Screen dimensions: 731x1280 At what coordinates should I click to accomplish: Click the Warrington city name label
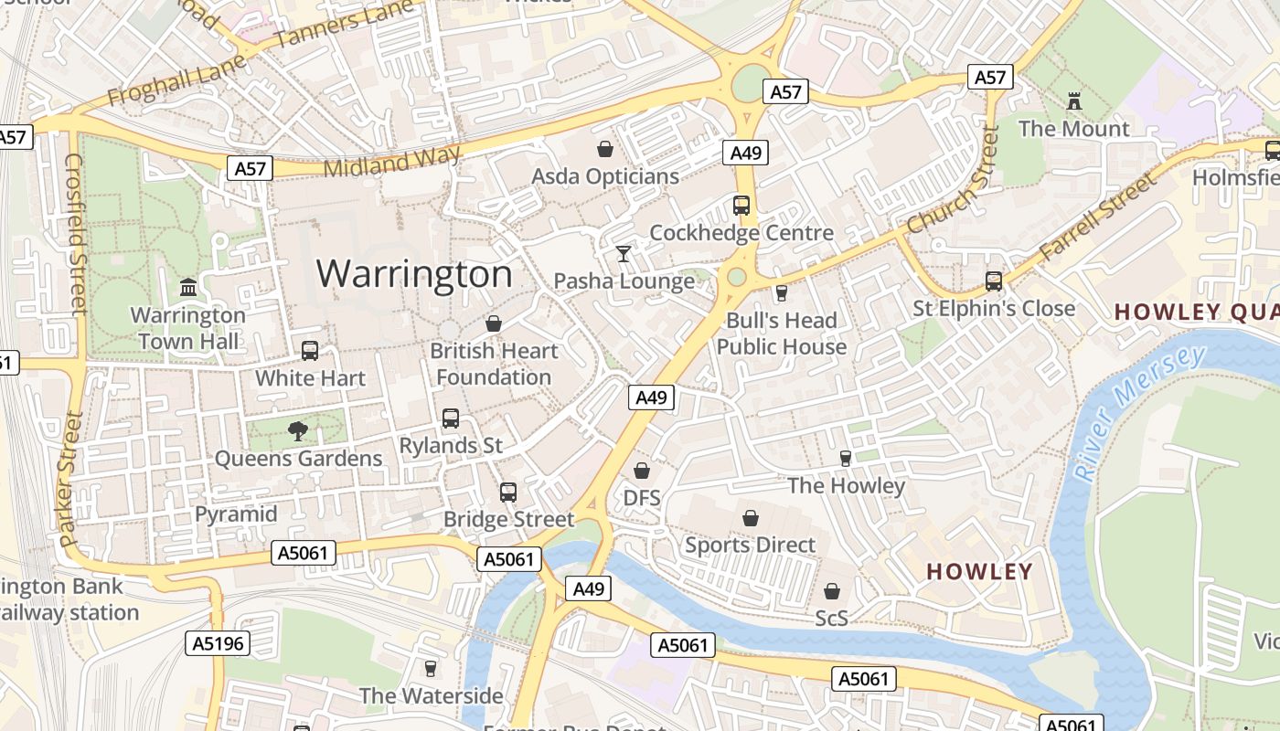414,274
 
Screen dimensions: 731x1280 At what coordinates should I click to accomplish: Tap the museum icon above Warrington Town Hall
188,288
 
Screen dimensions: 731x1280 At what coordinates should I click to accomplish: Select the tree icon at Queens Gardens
297,430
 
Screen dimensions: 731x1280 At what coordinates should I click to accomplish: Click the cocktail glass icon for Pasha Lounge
624,253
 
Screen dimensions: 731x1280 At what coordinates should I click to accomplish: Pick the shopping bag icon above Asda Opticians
604,148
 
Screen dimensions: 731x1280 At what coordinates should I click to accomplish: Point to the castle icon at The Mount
1074,101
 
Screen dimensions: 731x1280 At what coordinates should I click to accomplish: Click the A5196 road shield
219,643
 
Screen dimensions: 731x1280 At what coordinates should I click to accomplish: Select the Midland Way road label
391,162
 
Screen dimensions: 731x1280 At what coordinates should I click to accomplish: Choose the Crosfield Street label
75,233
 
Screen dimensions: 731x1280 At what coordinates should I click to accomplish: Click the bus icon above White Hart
310,351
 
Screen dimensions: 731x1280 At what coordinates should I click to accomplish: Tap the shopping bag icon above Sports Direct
750,518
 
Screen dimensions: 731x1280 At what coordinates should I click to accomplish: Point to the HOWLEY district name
979,572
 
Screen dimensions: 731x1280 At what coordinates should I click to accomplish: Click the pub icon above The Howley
846,458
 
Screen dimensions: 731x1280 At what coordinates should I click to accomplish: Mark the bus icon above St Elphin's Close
994,281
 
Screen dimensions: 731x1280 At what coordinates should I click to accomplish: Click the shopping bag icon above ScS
831,591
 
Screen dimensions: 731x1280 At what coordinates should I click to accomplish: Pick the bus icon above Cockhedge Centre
741,206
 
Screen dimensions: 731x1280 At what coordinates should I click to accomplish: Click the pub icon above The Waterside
431,668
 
